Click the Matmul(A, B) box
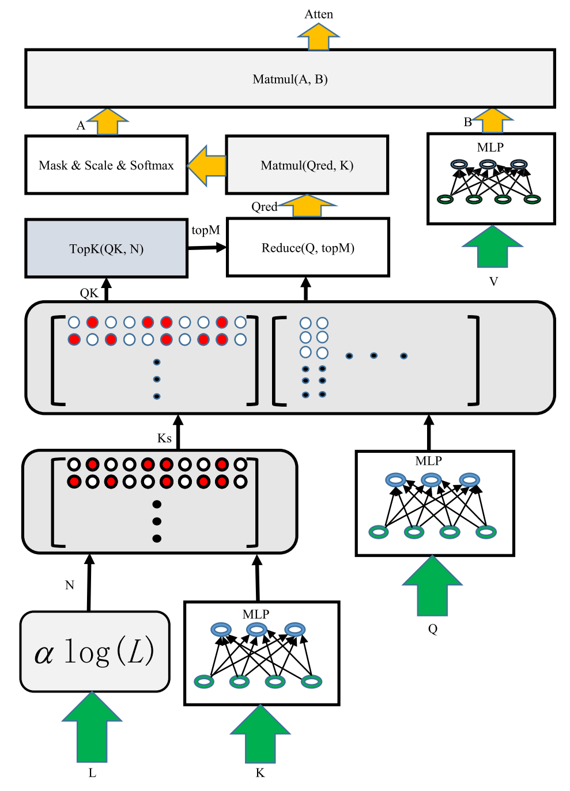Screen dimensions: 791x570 coord(290,79)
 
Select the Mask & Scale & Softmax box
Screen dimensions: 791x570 coord(106,165)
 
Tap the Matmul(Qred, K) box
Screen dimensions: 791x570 coord(307,165)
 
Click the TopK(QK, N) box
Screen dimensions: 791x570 coord(106,249)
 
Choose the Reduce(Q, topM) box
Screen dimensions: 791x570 coord(308,248)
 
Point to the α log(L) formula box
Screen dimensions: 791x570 coord(95,652)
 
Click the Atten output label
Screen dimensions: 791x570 coord(319,14)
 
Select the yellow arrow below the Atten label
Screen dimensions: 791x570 coord(319,37)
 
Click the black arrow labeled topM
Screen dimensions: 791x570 coord(207,248)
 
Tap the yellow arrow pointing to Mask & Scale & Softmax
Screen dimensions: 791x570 coord(207,165)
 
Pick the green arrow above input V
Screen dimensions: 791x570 coord(492,247)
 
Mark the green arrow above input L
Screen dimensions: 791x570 coord(92,728)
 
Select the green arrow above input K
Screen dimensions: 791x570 coord(260,734)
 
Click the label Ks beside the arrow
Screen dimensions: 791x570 coord(164,438)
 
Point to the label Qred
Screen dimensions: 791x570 coord(265,207)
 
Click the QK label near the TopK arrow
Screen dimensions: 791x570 coord(89,293)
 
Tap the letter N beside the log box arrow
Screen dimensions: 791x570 coord(70,585)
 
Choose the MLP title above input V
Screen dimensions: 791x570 coord(490,147)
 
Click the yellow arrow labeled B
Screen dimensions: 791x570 coord(493,121)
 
